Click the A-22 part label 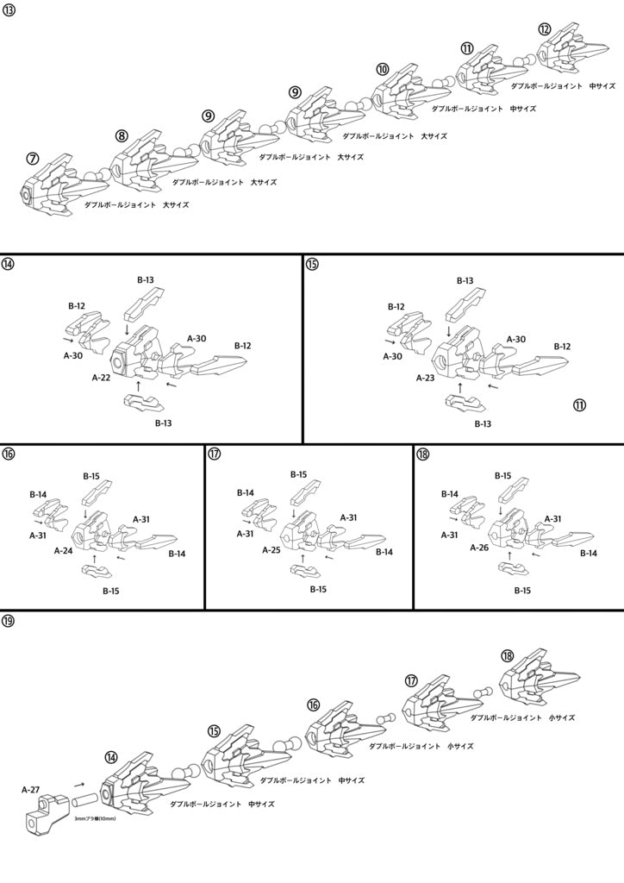click(x=102, y=378)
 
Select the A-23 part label click(x=426, y=378)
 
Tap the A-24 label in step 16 click(x=64, y=551)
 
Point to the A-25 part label click(x=271, y=549)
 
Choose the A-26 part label click(x=479, y=548)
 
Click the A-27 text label click(x=31, y=790)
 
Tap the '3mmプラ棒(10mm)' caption click(x=95, y=819)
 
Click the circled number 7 click(x=34, y=159)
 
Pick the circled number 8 click(x=122, y=135)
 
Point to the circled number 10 click(x=382, y=69)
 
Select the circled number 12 click(x=545, y=28)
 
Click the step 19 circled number click(x=8, y=621)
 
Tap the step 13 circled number click(x=8, y=10)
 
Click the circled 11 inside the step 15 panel click(x=579, y=404)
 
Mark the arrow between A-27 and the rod click(x=79, y=783)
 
